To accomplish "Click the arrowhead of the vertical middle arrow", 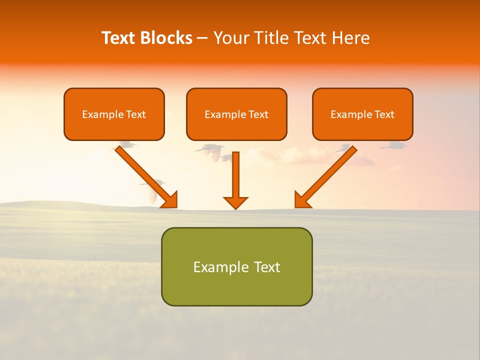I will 235,202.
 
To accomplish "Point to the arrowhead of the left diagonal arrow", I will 170,199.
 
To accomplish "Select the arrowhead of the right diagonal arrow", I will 302,199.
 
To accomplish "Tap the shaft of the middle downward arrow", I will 235,172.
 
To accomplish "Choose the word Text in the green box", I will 267,267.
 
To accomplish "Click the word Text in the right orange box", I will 384,114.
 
